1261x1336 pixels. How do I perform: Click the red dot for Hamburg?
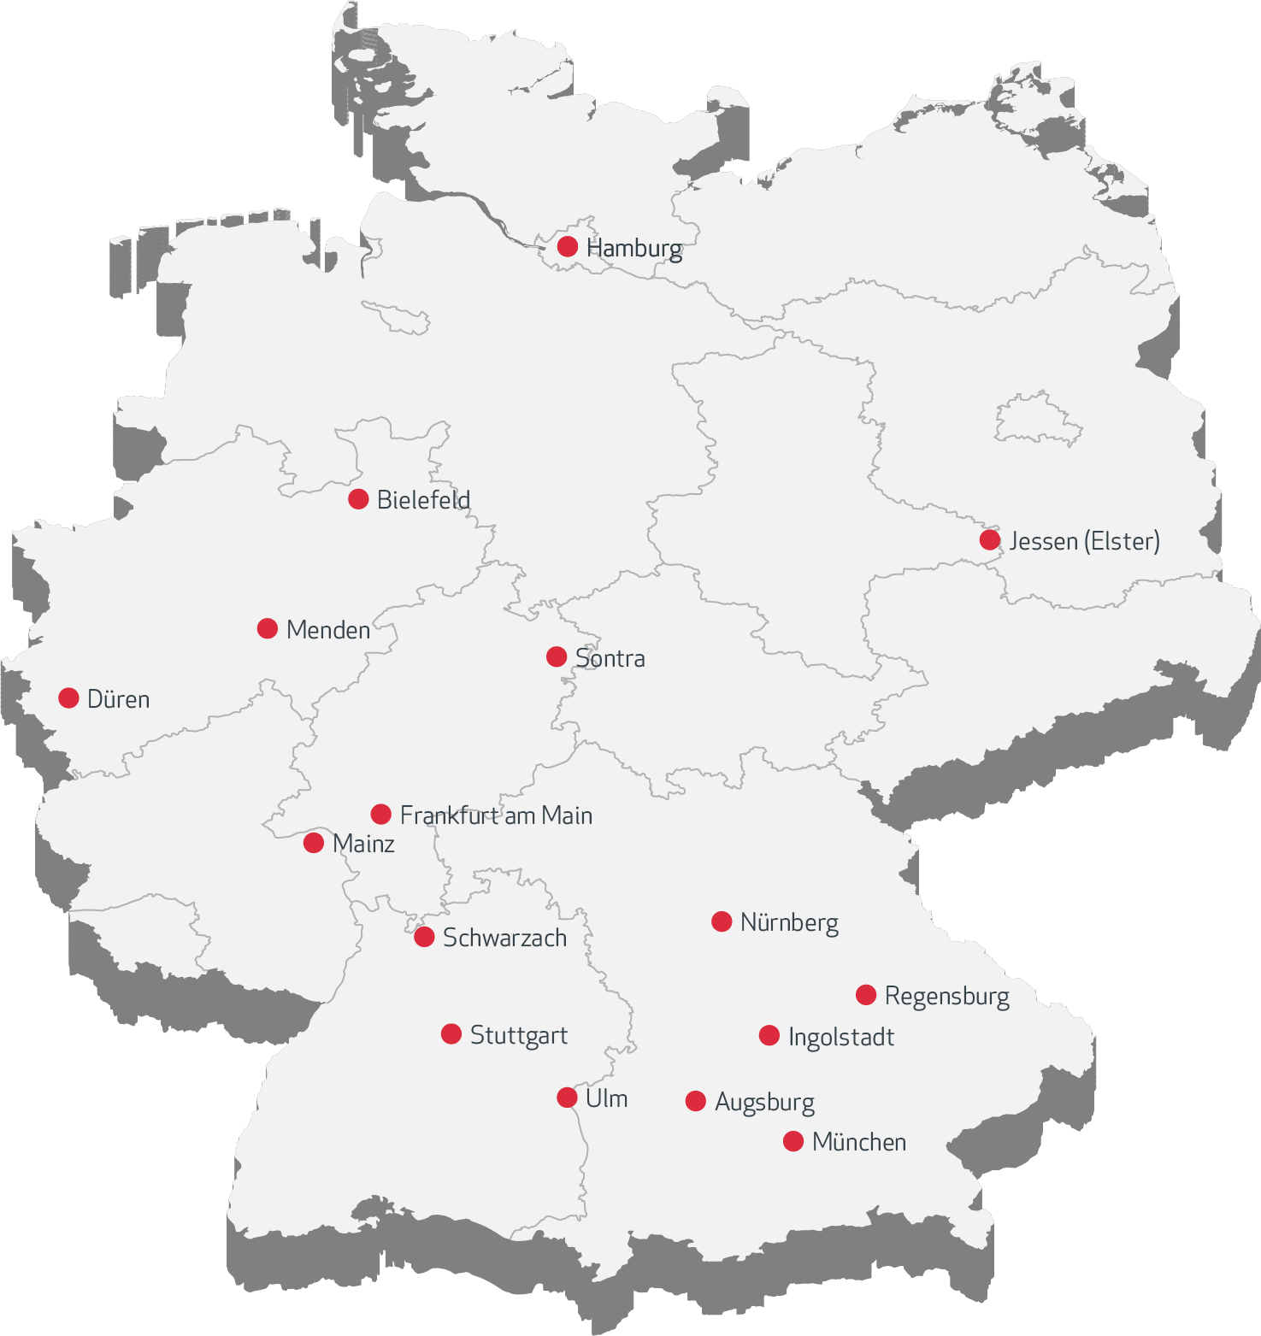click(x=568, y=246)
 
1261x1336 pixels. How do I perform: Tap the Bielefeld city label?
click(x=423, y=500)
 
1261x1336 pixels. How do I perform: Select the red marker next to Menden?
click(x=268, y=628)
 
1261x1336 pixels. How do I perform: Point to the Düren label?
click(x=118, y=699)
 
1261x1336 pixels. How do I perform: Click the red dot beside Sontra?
click(x=557, y=656)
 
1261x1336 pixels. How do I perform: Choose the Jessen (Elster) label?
click(x=1084, y=541)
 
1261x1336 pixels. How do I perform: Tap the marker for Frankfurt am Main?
click(x=381, y=814)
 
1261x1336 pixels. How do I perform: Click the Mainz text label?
click(x=363, y=844)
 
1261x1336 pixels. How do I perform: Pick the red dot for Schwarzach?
click(x=424, y=937)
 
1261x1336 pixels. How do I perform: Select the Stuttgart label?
click(x=518, y=1035)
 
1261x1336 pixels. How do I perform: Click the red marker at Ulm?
click(x=567, y=1098)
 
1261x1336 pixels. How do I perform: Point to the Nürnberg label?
click(x=789, y=922)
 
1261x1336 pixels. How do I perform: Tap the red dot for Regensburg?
click(x=866, y=995)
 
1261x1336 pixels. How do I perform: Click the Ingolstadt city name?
click(x=841, y=1037)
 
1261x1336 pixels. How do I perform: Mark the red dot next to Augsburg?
click(x=696, y=1101)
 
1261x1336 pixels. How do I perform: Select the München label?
click(x=859, y=1142)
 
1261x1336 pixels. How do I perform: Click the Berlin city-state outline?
click(x=1038, y=419)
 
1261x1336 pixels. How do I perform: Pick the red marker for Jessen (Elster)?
click(x=990, y=540)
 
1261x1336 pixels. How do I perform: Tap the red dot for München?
click(x=793, y=1141)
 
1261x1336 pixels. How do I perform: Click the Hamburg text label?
click(x=633, y=248)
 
